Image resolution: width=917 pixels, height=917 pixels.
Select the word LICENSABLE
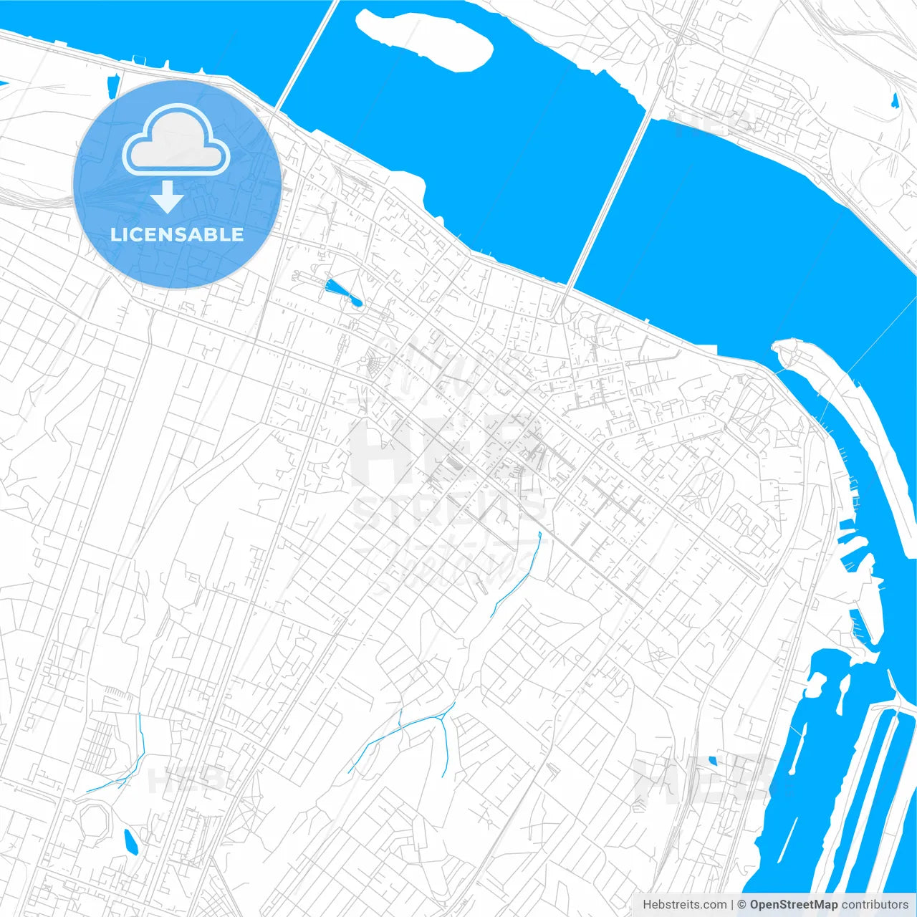(176, 234)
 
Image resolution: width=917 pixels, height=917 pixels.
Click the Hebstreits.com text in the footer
(684, 904)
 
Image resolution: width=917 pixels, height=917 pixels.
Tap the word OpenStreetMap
(794, 904)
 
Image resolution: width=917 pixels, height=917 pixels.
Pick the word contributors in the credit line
(875, 904)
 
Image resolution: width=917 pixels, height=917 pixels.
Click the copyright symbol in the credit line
(742, 904)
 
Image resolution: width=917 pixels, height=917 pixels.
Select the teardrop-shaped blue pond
(342, 292)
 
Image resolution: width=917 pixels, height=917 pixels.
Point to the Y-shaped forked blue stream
(430, 724)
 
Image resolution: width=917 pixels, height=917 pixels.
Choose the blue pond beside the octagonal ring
(130, 842)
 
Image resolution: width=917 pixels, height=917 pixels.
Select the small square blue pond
(712, 761)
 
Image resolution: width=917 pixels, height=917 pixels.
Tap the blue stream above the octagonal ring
(122, 774)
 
